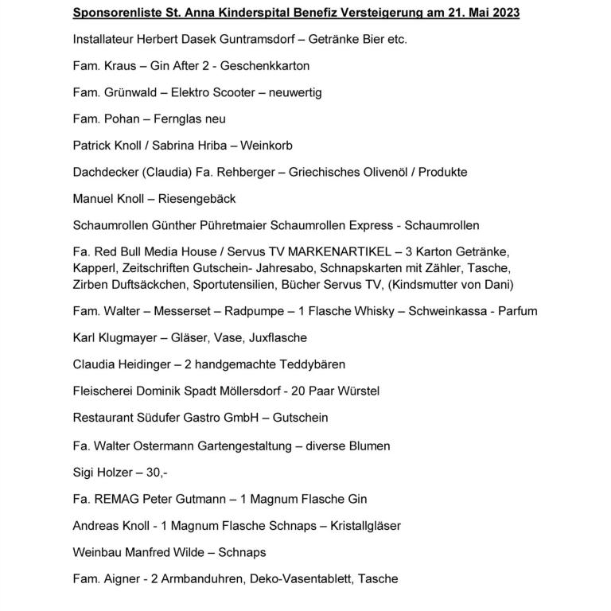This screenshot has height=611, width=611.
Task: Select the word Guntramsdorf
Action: pyautogui.click(x=241, y=39)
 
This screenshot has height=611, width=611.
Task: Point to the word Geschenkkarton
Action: pyautogui.click(x=268, y=66)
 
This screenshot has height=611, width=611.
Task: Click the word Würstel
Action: pyautogui.click(x=357, y=391)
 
